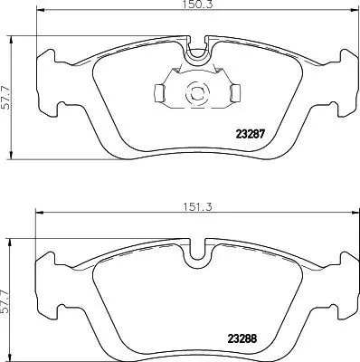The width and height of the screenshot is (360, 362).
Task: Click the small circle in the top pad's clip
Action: click(x=193, y=91)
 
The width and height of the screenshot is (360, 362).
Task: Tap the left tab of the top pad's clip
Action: click(x=156, y=91)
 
